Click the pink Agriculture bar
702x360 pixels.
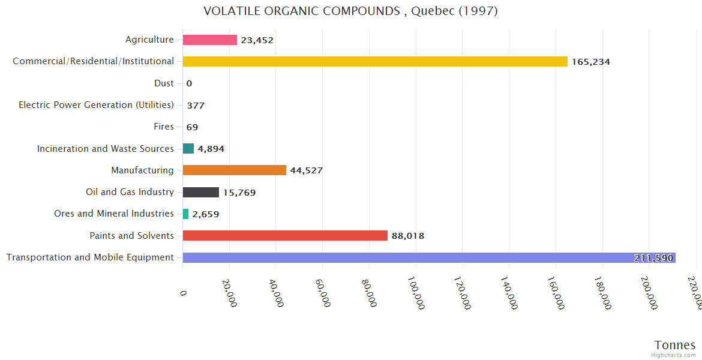tap(209, 40)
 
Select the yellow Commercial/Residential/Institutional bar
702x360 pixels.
tap(375, 61)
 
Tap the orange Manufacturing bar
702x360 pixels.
tap(234, 170)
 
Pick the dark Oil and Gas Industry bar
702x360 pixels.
tap(200, 192)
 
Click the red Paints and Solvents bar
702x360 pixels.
tap(285, 236)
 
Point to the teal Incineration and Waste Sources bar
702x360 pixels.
tap(188, 149)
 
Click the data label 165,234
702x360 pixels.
tap(590, 62)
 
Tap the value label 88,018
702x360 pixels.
tap(408, 236)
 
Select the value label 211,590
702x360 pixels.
tap(654, 258)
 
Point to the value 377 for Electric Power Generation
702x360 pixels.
tap(196, 106)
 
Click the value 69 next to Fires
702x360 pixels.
tap(192, 127)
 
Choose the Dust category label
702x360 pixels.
tap(164, 83)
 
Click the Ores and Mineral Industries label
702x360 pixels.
tap(114, 214)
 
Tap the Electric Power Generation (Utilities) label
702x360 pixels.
tap(96, 105)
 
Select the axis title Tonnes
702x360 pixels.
tap(674, 345)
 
